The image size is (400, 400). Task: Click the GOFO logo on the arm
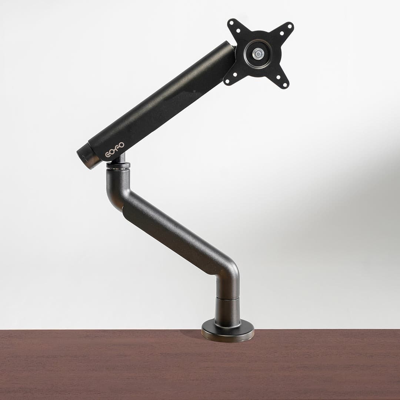click(x=115, y=150)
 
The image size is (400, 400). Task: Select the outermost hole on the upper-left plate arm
click(x=231, y=23)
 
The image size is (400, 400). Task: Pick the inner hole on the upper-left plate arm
click(x=238, y=31)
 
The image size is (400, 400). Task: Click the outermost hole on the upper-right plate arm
click(x=290, y=26)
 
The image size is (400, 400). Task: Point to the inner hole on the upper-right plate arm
click(x=282, y=33)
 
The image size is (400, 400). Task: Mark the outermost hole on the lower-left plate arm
click(x=227, y=81)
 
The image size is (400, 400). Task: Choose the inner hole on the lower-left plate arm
click(x=235, y=74)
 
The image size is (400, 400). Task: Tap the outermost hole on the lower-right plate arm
click(x=285, y=85)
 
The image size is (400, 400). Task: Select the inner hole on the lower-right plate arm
click(x=278, y=77)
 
